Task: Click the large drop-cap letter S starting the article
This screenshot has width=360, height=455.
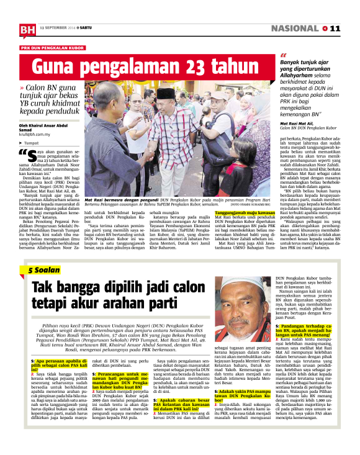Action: [x=33, y=155]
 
